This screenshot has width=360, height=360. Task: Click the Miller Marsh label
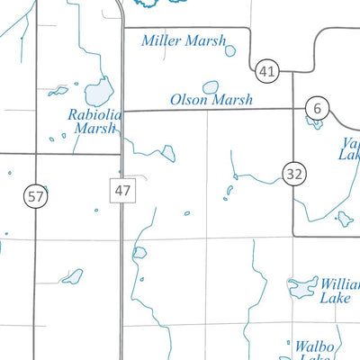click(178, 40)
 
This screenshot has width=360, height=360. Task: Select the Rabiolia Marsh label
click(94, 121)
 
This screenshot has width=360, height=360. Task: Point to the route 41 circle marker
click(265, 70)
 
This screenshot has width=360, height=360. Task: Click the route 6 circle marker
click(316, 108)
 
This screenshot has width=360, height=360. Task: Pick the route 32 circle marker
click(292, 174)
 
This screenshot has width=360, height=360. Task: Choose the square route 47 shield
click(123, 190)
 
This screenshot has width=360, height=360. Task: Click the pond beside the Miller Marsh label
click(230, 51)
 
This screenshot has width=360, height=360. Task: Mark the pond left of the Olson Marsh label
click(211, 87)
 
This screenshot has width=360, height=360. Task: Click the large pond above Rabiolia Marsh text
click(97, 92)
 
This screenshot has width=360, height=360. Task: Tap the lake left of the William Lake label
click(300, 288)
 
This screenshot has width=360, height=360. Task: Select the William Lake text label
click(339, 291)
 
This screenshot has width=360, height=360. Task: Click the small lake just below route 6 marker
click(314, 123)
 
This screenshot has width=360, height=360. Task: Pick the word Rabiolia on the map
click(94, 114)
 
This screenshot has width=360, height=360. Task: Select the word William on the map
click(340, 284)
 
